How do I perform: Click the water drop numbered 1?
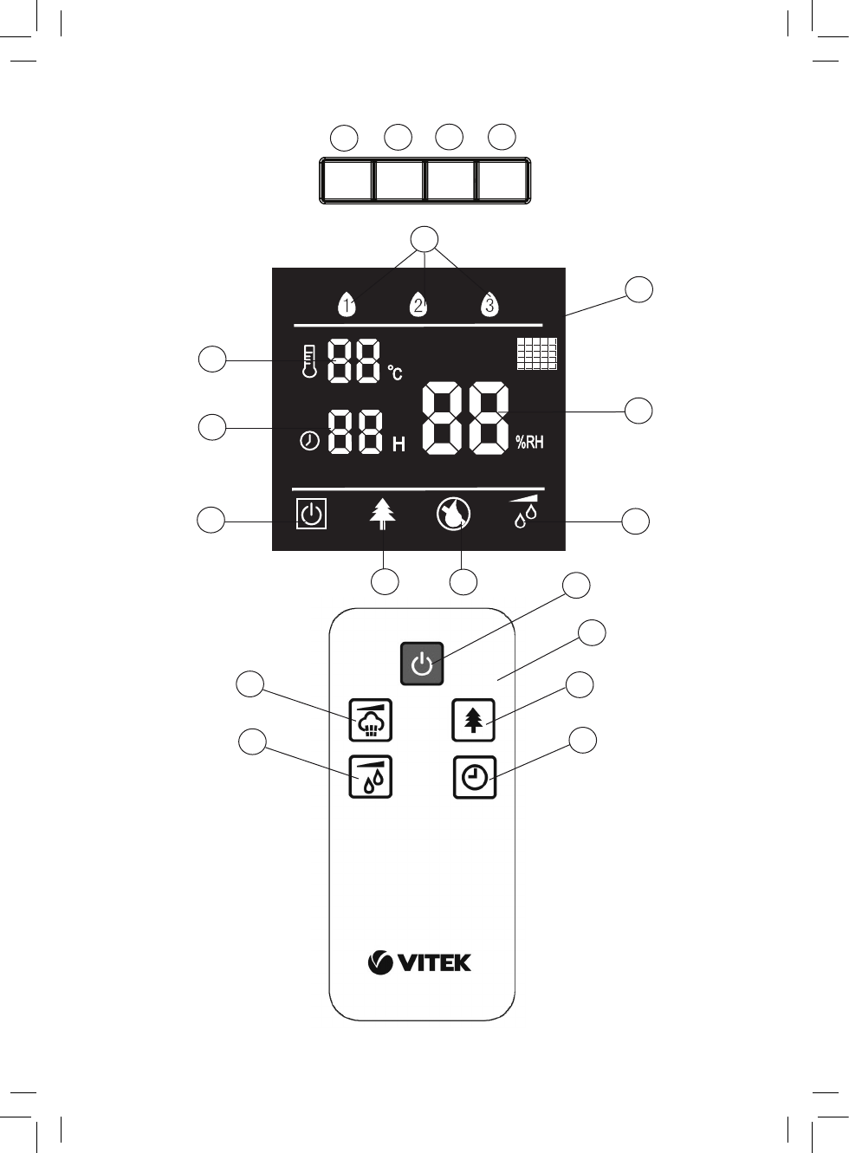tap(347, 304)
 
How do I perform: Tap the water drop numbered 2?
tap(418, 304)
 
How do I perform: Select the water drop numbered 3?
tap(489, 304)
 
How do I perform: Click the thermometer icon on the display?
tap(308, 360)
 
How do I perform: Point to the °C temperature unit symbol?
tap(395, 373)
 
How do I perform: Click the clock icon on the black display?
tap(309, 441)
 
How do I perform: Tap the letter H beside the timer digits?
tap(399, 444)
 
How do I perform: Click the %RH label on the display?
tap(529, 443)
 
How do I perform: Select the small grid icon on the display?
tap(536, 353)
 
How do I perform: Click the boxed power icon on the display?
tap(311, 515)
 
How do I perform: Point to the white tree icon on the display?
tap(382, 516)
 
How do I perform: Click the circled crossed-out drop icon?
tap(453, 515)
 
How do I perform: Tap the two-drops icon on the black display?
tap(525, 513)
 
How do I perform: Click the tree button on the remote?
tap(473, 720)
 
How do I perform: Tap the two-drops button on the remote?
tap(370, 777)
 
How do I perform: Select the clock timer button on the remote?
tap(475, 777)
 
